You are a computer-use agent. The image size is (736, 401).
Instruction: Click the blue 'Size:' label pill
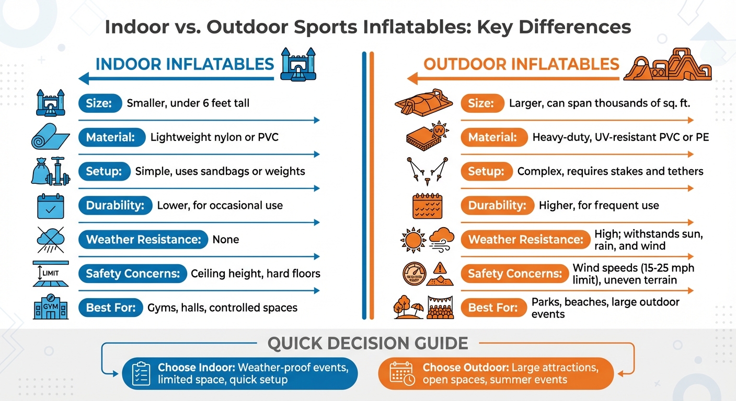(x=100, y=103)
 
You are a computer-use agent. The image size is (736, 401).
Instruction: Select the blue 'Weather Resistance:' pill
(x=143, y=240)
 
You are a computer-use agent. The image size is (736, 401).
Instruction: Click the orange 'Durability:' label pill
(x=497, y=205)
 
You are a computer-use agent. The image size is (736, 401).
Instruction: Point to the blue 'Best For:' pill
(x=110, y=308)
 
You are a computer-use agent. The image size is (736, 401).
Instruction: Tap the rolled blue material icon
(x=50, y=137)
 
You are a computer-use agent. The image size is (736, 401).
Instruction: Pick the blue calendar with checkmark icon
(x=51, y=206)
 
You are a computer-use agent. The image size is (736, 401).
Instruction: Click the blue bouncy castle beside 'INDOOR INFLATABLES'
(x=299, y=64)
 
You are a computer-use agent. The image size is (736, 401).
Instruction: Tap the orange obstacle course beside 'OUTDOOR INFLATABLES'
(x=668, y=65)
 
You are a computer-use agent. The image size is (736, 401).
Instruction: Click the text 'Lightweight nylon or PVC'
(x=214, y=137)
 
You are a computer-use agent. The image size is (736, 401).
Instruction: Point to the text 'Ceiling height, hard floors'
(x=256, y=273)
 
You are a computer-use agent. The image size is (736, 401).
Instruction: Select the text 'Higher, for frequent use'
(x=599, y=205)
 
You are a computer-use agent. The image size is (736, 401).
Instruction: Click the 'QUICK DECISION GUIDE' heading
(x=367, y=343)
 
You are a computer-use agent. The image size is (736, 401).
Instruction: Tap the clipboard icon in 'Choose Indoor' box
(x=141, y=373)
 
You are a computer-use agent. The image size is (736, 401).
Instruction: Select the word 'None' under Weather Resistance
(x=226, y=240)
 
